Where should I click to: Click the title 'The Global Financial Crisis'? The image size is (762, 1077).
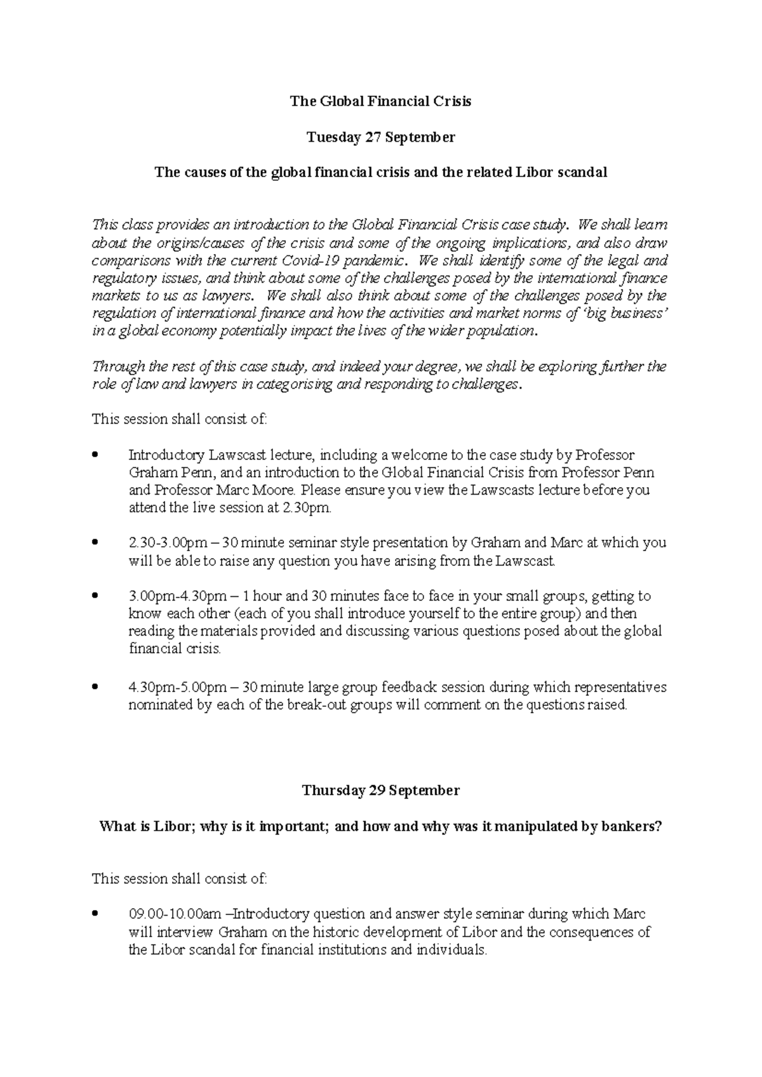(380, 101)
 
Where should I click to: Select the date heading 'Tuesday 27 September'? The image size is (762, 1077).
(380, 137)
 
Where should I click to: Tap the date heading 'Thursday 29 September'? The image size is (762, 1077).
(380, 790)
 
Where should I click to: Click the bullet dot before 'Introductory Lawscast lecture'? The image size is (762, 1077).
(95, 455)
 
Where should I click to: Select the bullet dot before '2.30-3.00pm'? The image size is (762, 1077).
(95, 543)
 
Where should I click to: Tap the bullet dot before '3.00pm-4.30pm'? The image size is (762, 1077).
(95, 596)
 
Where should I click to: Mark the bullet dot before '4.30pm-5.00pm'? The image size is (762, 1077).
(95, 687)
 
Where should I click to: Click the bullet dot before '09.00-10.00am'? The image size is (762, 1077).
(95, 914)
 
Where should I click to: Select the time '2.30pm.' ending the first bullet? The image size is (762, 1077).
(311, 508)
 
